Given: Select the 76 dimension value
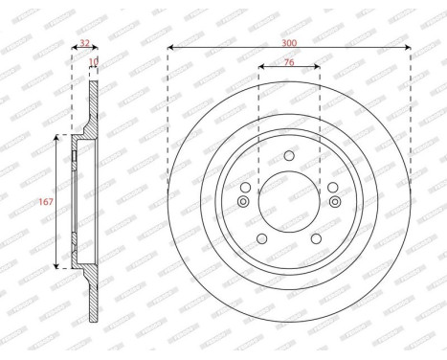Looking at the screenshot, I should tap(289, 63).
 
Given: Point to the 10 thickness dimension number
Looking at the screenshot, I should tap(93, 63).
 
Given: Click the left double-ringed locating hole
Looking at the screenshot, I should tap(243, 202).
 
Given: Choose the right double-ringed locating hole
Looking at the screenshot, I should tap(335, 202).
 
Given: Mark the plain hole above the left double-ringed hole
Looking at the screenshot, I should tap(246, 187).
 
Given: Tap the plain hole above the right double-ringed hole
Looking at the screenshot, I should tap(332, 187).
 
